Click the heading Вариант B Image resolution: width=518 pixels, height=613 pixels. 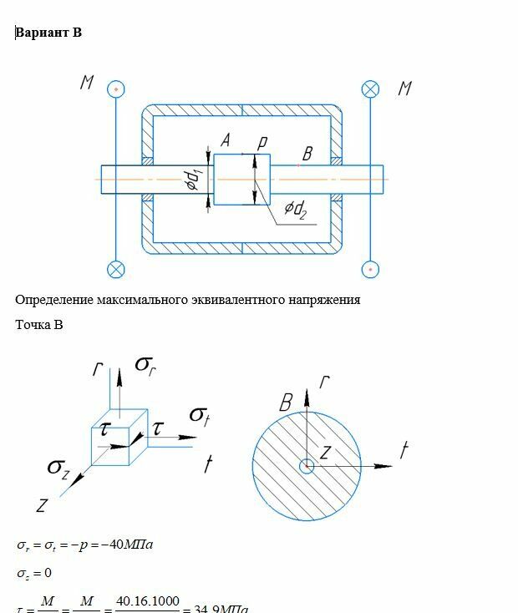click(48, 33)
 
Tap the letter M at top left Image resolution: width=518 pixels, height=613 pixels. click(87, 83)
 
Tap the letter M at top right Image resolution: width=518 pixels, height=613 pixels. click(405, 88)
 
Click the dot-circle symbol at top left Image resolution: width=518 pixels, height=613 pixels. click(117, 89)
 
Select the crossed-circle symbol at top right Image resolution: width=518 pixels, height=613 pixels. click(370, 89)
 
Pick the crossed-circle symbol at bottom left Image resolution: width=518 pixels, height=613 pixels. click(116, 269)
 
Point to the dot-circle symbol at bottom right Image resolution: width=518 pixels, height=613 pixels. click(370, 269)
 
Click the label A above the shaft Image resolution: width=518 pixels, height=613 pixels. click(225, 142)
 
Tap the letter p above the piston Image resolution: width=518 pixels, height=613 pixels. click(262, 143)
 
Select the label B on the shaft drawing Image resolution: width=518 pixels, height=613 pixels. click(307, 154)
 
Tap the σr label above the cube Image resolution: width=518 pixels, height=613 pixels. click(145, 364)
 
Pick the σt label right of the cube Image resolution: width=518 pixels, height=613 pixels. click(199, 415)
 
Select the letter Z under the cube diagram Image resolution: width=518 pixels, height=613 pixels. click(43, 505)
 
